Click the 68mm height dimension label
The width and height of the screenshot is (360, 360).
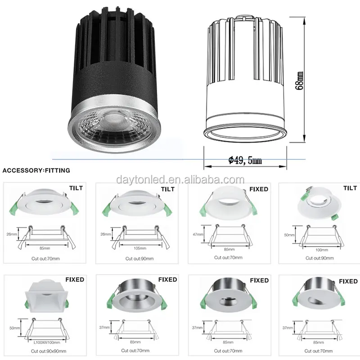(300, 81)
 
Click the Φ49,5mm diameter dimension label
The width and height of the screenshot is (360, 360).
(245, 160)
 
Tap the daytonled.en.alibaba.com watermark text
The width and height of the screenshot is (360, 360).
(180, 180)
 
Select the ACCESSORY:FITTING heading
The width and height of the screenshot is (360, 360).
(36, 171)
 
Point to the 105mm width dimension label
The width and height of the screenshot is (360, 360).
(140, 248)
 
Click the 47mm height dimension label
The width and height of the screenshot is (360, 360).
(198, 234)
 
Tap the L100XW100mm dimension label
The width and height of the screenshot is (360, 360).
(47, 342)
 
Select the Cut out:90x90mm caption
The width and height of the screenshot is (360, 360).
(49, 351)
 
